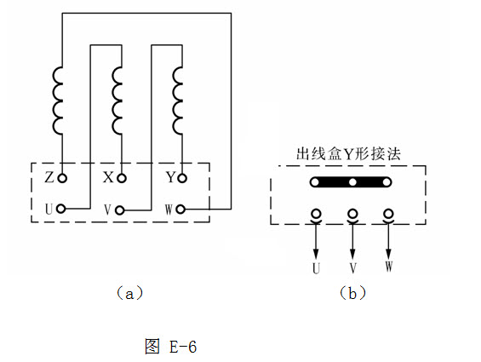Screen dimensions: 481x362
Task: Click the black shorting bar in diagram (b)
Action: [351, 182]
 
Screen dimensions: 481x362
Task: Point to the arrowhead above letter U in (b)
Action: [316, 254]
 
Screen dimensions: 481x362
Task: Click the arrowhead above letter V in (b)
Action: [352, 254]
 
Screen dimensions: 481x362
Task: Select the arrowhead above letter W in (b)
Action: [389, 254]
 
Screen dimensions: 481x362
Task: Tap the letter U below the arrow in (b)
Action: [317, 268]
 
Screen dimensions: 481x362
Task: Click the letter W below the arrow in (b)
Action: [389, 267]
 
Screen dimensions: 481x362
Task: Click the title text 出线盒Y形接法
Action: [348, 153]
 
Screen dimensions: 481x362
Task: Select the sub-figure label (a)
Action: [129, 293]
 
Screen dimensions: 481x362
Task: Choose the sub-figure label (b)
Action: [352, 293]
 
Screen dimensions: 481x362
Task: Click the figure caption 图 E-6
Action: [170, 347]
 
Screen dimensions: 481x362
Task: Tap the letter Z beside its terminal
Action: [49, 177]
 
